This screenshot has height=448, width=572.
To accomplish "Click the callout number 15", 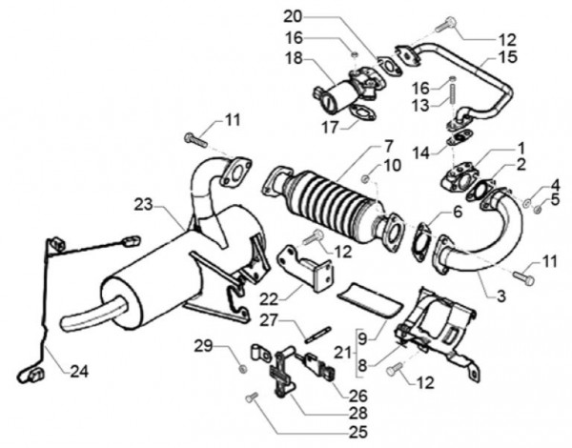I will [x=508, y=58].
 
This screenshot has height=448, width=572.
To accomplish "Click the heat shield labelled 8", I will [x=439, y=329].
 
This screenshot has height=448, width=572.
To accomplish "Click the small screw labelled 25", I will [x=251, y=397].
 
